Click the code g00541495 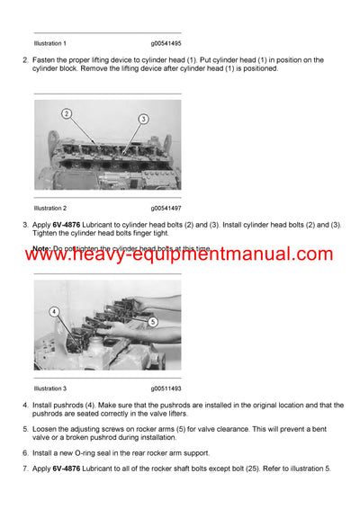pos(166,43)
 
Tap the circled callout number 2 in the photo pos(66,114)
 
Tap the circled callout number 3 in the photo pos(143,119)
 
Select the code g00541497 pos(166,207)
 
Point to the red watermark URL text pos(180,254)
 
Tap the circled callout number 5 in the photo pos(153,321)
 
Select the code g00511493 pos(166,388)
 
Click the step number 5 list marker pos(24,429)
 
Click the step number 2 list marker pos(24,60)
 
